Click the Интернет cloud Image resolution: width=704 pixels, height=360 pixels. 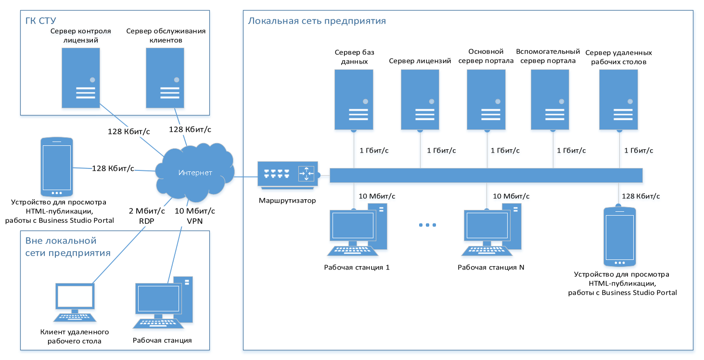point(194,172)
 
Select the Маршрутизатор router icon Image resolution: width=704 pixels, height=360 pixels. point(287,174)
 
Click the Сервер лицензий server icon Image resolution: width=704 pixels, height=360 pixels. point(420,100)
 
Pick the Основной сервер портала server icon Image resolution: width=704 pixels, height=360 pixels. point(486,100)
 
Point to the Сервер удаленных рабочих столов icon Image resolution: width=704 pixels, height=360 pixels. point(619,100)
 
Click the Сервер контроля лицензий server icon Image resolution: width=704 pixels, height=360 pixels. point(81,78)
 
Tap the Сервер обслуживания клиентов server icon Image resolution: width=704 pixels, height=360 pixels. point(166,78)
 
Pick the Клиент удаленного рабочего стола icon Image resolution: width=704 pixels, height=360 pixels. point(75,303)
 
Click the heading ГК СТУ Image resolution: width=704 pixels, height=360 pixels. point(41,21)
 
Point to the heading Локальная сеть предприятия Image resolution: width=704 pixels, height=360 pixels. point(317,21)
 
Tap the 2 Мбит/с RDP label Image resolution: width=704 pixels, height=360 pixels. point(147,216)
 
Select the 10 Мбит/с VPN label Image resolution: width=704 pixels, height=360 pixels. point(194,216)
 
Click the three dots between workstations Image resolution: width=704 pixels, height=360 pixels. point(427,225)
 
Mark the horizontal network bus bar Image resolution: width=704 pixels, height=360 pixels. point(486,175)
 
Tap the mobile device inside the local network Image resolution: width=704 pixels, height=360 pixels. point(620,237)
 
